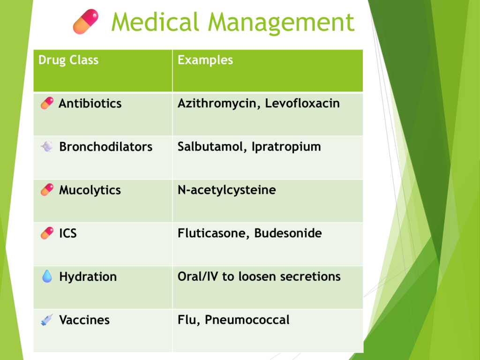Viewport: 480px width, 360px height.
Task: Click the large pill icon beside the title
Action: [x=86, y=22]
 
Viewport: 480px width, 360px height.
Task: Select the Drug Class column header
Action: [x=68, y=60]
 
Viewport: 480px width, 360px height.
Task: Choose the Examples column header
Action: [x=205, y=60]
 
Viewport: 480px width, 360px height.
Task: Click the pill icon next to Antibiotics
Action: [x=47, y=103]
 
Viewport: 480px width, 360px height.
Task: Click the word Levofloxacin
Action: [x=302, y=103]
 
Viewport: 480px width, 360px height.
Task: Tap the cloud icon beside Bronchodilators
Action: [x=47, y=147]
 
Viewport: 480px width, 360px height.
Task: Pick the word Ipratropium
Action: [x=286, y=147]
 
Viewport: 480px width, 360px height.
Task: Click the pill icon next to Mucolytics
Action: [x=47, y=190]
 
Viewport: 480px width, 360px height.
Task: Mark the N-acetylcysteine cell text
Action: [x=227, y=190]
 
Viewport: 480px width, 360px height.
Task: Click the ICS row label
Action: [x=68, y=233]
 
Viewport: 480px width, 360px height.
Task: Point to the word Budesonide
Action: [x=288, y=233]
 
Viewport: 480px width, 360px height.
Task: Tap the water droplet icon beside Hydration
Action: [x=47, y=277]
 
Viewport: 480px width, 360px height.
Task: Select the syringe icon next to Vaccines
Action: [x=47, y=320]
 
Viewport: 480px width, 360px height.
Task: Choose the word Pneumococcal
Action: [x=247, y=320]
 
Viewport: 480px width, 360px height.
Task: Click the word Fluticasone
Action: [x=214, y=233]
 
